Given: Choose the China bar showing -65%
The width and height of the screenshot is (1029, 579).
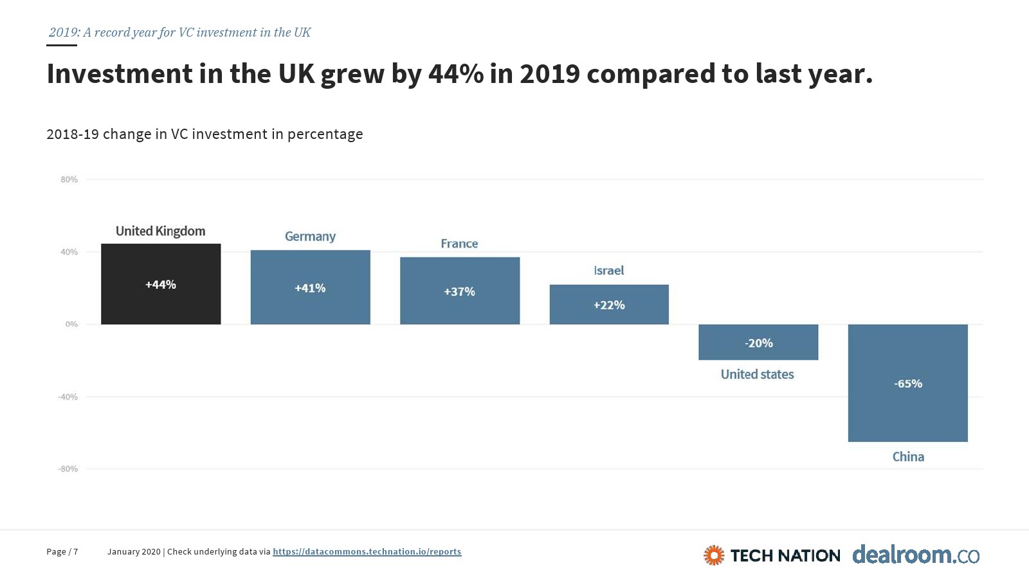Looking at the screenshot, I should point(907,412).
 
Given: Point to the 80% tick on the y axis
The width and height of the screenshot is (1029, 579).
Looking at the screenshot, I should point(69,179).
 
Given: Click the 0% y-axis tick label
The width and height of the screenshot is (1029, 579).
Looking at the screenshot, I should point(71,324).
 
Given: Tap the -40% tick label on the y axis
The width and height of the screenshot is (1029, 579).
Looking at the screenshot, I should point(68,397).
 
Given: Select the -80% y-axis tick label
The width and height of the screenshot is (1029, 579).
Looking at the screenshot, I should point(68,469).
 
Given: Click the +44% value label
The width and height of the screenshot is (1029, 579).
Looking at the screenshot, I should point(161,284).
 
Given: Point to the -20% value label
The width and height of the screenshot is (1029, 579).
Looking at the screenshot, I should point(759,343).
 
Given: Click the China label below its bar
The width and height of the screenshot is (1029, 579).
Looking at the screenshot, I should point(908,457).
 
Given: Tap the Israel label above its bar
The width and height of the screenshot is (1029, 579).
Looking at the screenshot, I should point(608,271).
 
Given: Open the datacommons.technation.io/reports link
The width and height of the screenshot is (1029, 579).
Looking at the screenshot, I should point(367,551).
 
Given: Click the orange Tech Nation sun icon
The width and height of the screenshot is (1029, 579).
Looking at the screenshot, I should point(714,555).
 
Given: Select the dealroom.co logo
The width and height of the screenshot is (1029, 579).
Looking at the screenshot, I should point(916,555).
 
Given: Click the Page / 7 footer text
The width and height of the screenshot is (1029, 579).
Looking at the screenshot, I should point(62,551).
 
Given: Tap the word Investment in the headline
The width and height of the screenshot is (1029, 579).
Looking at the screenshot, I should point(120,74).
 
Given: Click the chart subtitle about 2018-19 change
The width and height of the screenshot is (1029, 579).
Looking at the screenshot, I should point(205,134).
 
